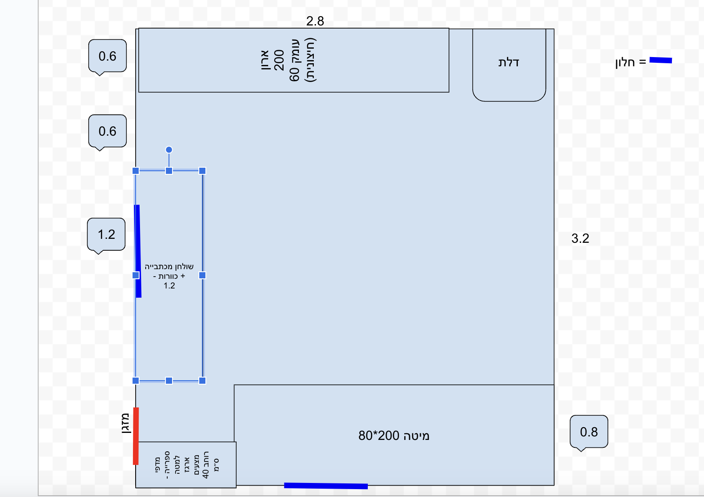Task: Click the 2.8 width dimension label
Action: [x=315, y=21]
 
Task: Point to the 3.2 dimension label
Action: [x=580, y=238]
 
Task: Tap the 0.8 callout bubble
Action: [x=589, y=432]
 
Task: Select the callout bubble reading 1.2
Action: [x=106, y=234]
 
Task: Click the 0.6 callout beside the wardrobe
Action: [x=107, y=56]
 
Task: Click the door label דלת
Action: [x=509, y=62]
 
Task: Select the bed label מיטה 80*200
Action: [x=394, y=436]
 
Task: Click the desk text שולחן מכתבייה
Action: [x=169, y=267]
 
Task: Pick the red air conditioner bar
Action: [x=136, y=436]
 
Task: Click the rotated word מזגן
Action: [x=126, y=423]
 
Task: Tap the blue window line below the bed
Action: [x=326, y=486]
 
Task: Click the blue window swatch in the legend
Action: [x=661, y=60]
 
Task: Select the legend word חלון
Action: [x=625, y=62]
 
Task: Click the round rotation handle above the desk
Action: [x=169, y=150]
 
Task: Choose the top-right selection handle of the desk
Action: [x=202, y=171]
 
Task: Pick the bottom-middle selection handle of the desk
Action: [x=169, y=381]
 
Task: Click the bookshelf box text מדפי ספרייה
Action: [x=162, y=465]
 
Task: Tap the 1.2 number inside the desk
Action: [x=169, y=286]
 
